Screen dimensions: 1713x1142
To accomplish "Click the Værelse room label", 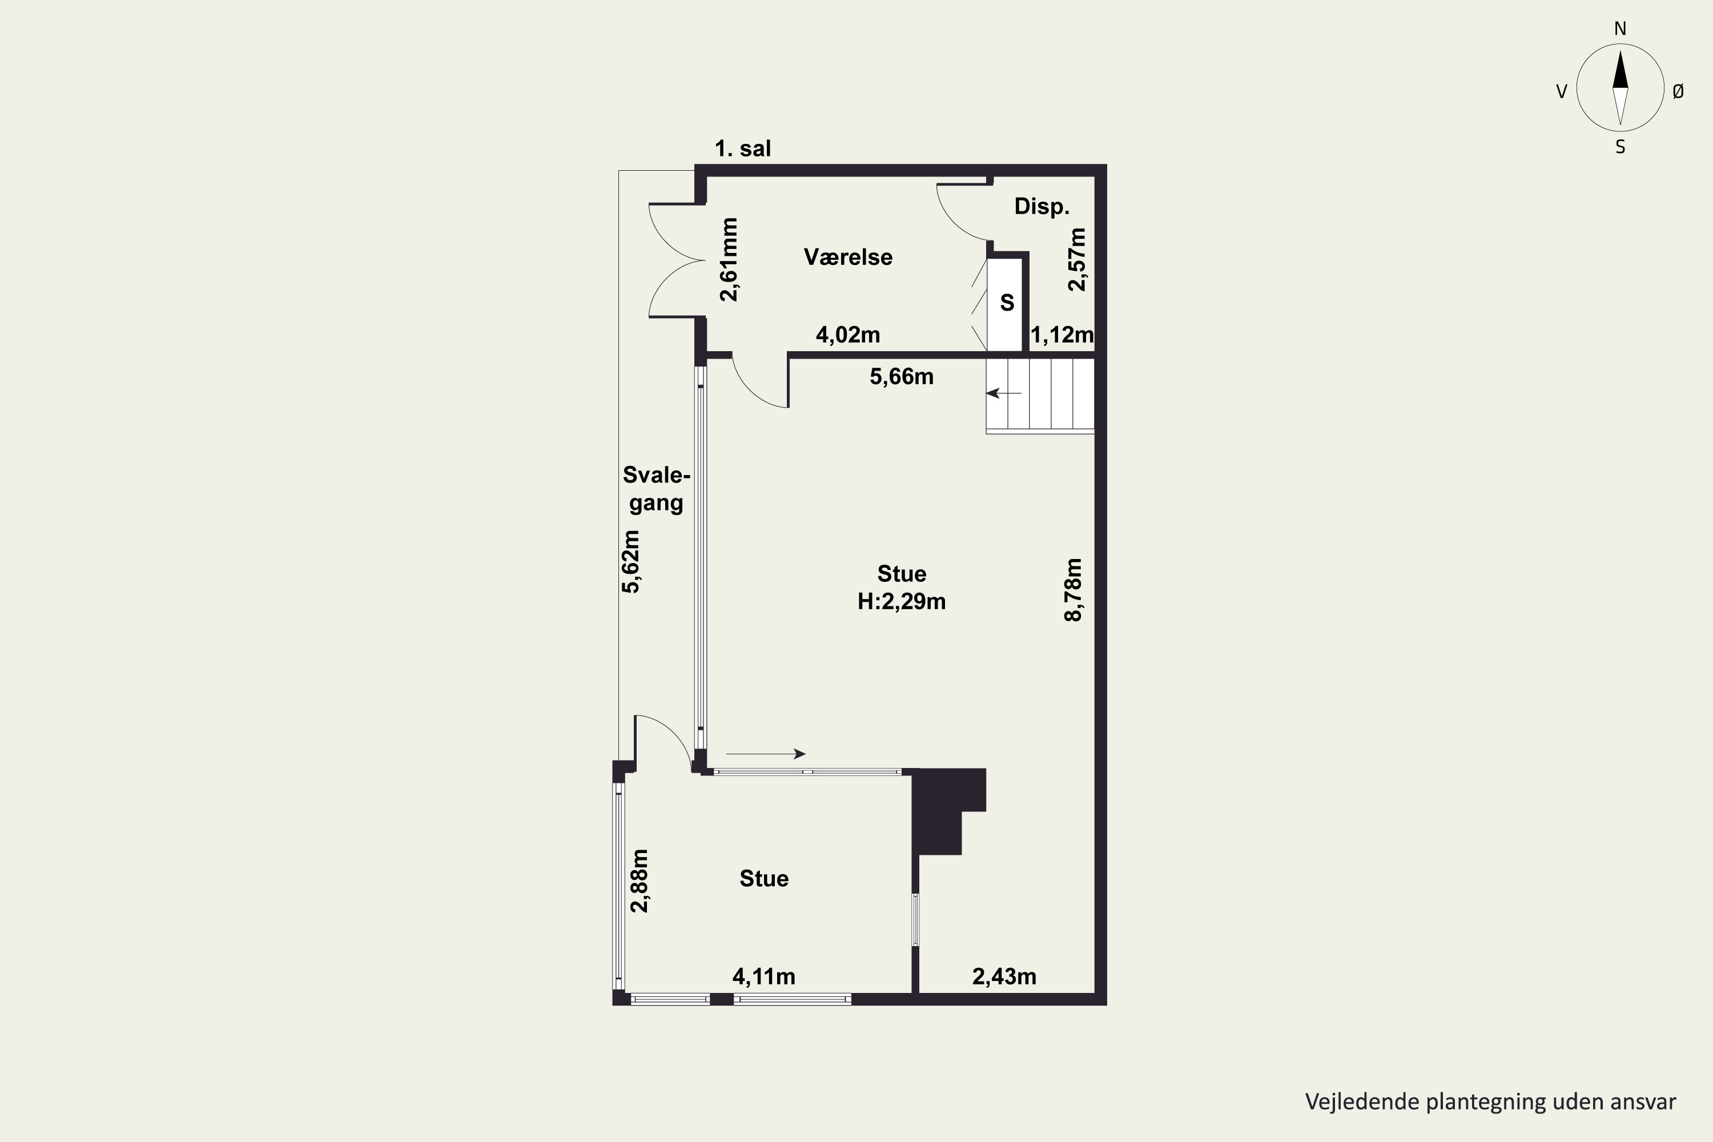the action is (x=848, y=257).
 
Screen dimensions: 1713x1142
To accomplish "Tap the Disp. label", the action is (x=1042, y=207).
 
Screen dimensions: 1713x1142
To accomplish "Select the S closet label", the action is (x=1007, y=302).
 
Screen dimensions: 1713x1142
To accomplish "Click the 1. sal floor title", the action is (x=742, y=148).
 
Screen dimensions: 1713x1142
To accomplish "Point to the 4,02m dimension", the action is (x=848, y=335).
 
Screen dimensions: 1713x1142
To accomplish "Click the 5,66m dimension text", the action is (x=902, y=376).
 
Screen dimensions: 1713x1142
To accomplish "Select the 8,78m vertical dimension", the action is (x=1073, y=590).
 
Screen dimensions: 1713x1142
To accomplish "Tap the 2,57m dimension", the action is (x=1076, y=260).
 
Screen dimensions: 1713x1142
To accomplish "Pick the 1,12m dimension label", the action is (x=1062, y=335).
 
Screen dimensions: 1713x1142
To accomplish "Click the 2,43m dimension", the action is (x=1004, y=976).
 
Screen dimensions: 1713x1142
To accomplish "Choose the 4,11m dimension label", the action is (x=764, y=976).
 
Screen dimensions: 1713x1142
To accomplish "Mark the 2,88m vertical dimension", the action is (x=640, y=880).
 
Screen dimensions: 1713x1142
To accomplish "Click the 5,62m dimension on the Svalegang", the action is (x=631, y=561).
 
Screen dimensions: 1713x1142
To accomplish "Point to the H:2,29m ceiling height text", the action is (x=902, y=602).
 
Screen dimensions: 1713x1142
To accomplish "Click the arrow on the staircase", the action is (x=1004, y=393).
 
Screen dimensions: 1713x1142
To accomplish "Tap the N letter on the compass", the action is (x=1620, y=29).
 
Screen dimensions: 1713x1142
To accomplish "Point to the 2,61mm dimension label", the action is (x=729, y=259).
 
